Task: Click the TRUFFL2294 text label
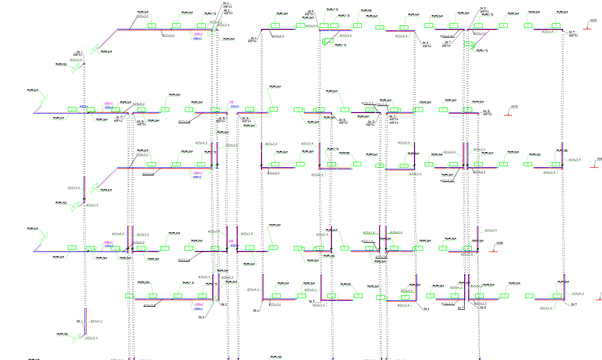[143, 282]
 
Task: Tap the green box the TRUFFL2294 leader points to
[130, 295]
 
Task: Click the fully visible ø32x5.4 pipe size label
[205, 277]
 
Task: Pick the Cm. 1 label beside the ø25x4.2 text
[79, 321]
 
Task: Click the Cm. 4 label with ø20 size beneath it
[253, 38]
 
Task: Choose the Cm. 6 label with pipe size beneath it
[426, 43]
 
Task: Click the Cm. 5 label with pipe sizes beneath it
[310, 11]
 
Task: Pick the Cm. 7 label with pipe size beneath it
[447, 42]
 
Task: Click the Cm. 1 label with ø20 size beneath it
[79, 52]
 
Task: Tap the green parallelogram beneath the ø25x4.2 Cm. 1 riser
[78, 337]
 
